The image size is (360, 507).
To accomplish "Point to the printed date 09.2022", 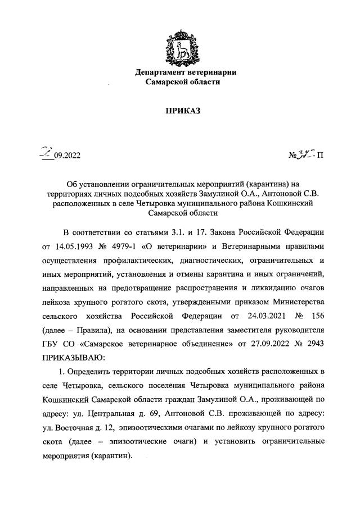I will point(67,157).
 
